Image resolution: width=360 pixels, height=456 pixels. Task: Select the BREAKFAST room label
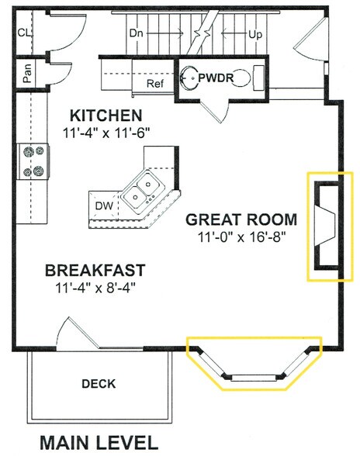(x=95, y=271)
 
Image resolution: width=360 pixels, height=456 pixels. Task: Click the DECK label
(x=98, y=383)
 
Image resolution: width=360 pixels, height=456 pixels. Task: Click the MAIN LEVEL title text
(x=99, y=443)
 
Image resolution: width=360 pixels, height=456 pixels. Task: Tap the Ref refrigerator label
(x=155, y=83)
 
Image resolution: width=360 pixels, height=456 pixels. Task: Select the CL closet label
(x=24, y=33)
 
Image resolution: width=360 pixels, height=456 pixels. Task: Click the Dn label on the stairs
(x=137, y=33)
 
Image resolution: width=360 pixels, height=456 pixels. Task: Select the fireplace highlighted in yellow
(x=326, y=224)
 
